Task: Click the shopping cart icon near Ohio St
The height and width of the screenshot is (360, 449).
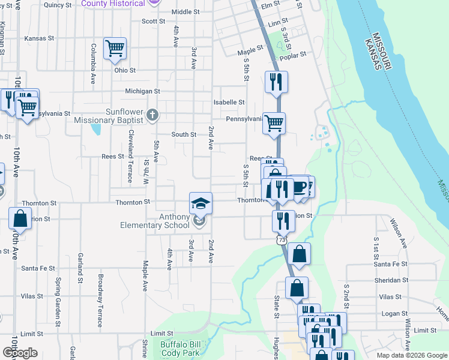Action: click(115, 48)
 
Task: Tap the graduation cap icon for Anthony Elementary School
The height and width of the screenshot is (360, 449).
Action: click(200, 202)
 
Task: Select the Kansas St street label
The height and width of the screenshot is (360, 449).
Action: click(39, 38)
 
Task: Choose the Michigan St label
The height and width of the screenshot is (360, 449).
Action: click(142, 91)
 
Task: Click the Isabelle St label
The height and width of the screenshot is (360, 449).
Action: click(229, 103)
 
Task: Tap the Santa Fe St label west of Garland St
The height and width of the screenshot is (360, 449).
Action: click(38, 268)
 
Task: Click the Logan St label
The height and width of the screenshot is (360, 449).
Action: click(394, 314)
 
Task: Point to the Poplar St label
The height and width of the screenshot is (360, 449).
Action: click(294, 53)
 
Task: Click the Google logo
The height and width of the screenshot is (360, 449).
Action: click(20, 353)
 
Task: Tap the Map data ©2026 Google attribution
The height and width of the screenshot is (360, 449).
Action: click(412, 355)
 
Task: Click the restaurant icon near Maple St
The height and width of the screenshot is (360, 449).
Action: click(276, 82)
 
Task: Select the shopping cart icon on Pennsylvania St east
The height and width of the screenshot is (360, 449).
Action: click(274, 123)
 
